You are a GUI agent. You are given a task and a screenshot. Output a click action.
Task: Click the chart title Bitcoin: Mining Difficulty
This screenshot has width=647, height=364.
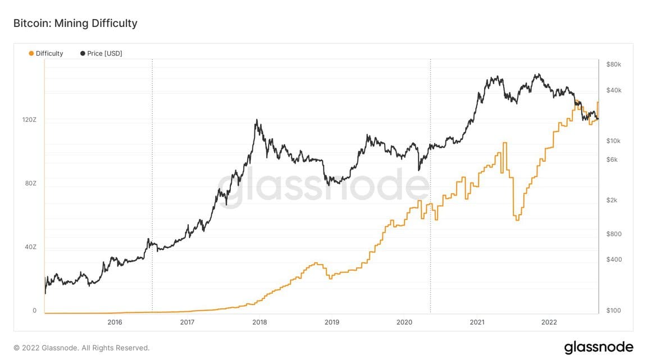75,23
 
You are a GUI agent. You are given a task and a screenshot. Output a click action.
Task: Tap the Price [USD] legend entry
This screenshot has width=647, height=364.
101,53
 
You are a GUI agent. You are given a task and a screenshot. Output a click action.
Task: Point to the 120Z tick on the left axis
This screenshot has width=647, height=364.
30,120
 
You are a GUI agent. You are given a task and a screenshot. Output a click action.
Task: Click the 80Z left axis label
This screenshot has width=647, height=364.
30,184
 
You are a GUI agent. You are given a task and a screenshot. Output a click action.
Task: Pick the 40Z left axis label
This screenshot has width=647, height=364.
30,247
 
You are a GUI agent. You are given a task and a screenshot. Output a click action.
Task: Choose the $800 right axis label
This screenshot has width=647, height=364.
614,234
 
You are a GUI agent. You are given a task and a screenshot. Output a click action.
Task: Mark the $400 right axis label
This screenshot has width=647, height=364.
614,260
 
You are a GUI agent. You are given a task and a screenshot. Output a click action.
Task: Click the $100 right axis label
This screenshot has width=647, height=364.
614,311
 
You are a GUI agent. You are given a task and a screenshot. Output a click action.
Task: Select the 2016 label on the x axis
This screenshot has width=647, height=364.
115,322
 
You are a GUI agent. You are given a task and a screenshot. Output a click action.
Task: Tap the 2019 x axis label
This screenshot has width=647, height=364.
332,322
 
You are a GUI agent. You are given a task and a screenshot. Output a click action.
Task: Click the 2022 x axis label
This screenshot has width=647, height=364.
549,322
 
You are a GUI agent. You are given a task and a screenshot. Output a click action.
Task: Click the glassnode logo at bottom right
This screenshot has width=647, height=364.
598,347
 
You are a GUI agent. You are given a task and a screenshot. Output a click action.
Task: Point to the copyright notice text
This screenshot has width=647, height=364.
81,348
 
